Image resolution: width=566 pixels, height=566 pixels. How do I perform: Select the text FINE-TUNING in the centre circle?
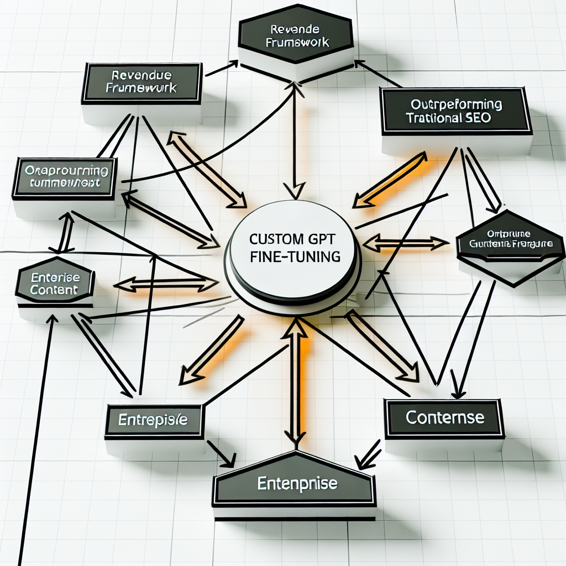point(294,258)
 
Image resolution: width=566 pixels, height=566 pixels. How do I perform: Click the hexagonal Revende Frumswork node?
point(296,35)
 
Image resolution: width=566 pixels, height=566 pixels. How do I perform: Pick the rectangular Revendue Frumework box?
point(141,82)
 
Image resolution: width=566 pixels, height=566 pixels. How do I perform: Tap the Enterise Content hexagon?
point(55,282)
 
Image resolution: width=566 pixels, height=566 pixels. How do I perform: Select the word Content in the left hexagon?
point(55,289)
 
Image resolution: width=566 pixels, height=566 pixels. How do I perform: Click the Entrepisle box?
point(153,420)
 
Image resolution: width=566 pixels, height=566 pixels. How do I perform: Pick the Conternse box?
point(444,417)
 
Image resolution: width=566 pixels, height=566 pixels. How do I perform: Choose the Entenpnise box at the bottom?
point(297,484)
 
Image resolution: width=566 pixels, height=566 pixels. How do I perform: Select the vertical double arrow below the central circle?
point(298,381)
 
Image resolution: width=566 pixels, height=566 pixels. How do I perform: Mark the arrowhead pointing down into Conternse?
point(458,389)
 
